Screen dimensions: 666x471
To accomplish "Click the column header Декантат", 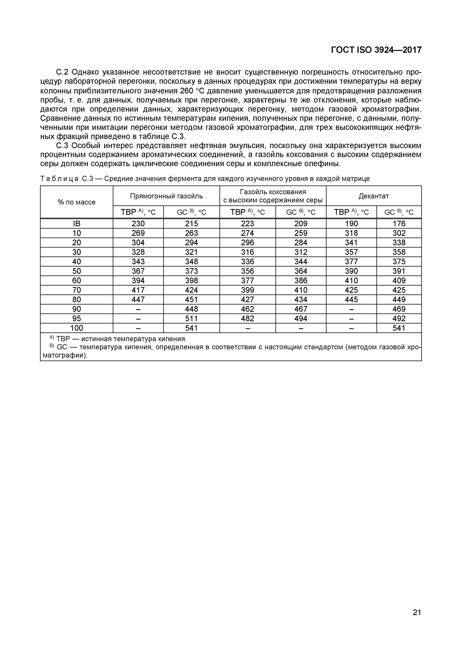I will tap(374, 196).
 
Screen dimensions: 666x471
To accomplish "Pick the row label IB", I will tap(77, 224).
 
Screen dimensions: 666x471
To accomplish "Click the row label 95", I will tap(77, 319).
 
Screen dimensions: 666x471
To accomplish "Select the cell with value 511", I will tap(191, 319).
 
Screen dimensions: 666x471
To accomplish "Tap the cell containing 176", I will tap(399, 224).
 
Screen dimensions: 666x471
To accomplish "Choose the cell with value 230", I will tap(138, 224).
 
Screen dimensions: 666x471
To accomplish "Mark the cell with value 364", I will tap(301, 271).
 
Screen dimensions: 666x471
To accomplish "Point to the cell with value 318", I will tap(351, 233).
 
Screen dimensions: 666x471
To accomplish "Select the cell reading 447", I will tap(138, 299).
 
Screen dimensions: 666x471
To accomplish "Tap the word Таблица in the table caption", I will tap(59, 179).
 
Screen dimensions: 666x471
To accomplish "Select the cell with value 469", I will tap(399, 309).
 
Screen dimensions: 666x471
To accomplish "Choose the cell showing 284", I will tap(301, 242).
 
